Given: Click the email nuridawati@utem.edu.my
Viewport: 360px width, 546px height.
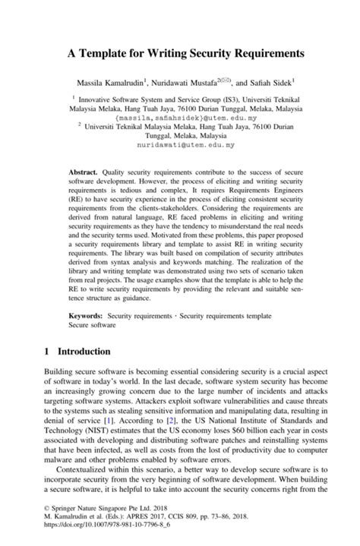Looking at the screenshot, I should point(180,144).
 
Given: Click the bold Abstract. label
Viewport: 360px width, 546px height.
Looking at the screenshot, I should point(84,173).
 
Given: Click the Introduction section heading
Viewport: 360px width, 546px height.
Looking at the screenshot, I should point(84,352).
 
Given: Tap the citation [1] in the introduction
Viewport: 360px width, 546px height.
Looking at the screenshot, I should point(109,420).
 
